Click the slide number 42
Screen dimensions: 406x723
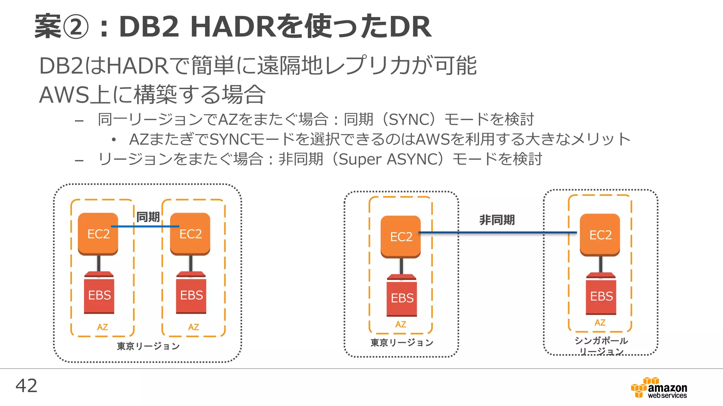coord(26,386)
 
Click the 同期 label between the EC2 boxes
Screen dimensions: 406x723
coord(148,217)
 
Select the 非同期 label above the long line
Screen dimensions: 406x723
coord(497,220)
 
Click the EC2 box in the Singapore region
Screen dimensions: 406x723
coord(600,235)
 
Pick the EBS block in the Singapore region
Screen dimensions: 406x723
coord(601,295)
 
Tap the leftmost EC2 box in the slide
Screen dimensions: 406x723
coord(98,234)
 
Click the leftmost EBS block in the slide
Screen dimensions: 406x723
coord(99,294)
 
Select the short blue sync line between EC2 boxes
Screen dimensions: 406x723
coord(145,226)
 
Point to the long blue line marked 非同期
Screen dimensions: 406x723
coord(498,233)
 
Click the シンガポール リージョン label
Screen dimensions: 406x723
coord(601,346)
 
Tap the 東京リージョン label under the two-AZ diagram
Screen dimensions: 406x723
coord(148,346)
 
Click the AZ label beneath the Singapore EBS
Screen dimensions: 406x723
coord(600,323)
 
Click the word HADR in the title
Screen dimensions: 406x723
coord(233,27)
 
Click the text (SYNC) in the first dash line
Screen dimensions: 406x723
coord(410,119)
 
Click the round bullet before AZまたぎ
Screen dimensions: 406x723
coord(113,140)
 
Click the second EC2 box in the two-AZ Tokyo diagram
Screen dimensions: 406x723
coord(190,234)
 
